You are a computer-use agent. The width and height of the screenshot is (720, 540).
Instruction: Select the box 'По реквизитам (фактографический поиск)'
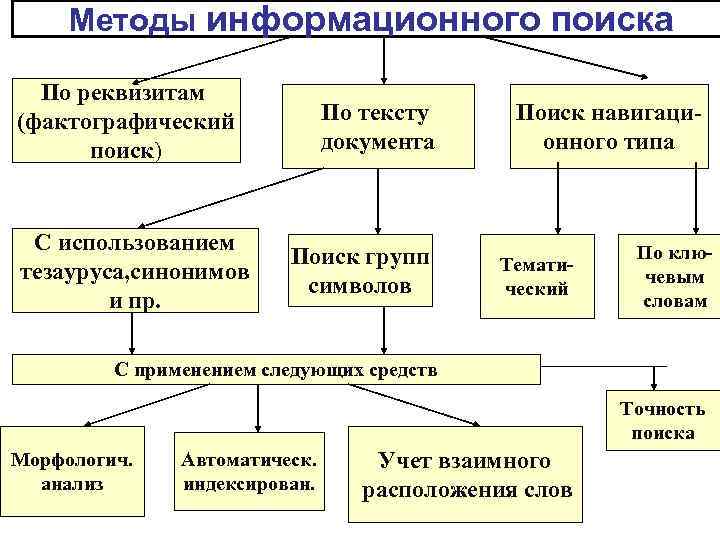click(126, 121)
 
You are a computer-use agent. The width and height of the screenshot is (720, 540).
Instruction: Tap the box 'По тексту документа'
click(377, 128)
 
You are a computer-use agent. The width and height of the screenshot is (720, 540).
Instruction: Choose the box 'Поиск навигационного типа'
click(608, 128)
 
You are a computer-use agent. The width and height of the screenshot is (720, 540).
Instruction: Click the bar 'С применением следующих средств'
click(275, 370)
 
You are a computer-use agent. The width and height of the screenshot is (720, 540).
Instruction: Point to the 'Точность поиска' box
click(662, 421)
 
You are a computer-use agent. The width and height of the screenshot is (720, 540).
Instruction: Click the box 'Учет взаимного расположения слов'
click(465, 475)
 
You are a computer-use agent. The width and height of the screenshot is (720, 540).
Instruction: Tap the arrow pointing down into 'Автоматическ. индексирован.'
click(258, 408)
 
